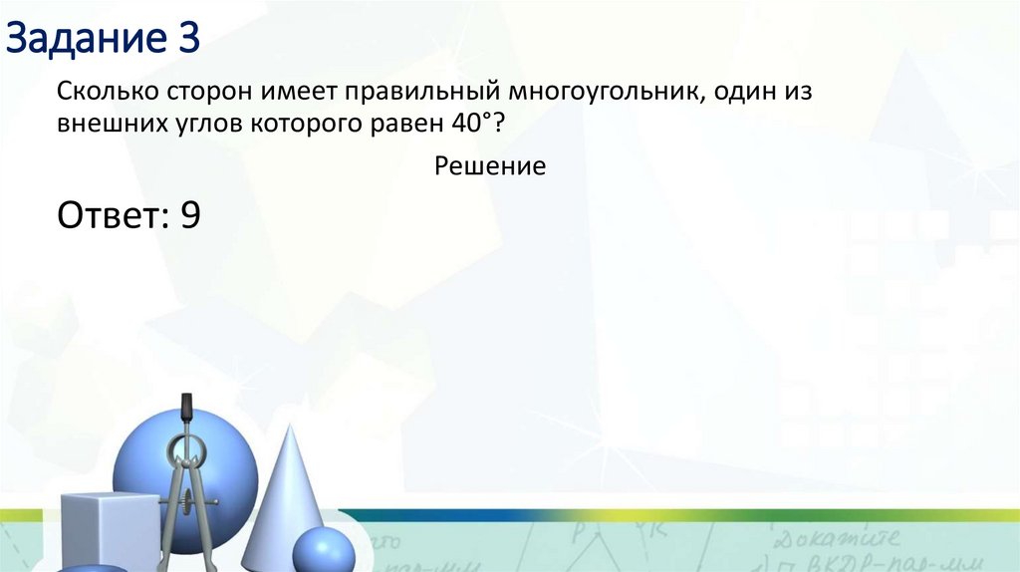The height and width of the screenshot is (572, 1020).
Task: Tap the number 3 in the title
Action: (188, 41)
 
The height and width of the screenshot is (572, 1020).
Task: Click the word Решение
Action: (490, 166)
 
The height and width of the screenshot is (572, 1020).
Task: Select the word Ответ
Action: (112, 215)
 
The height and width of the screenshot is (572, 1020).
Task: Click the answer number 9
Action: (190, 215)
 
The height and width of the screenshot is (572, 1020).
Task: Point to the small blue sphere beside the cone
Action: (323, 550)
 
